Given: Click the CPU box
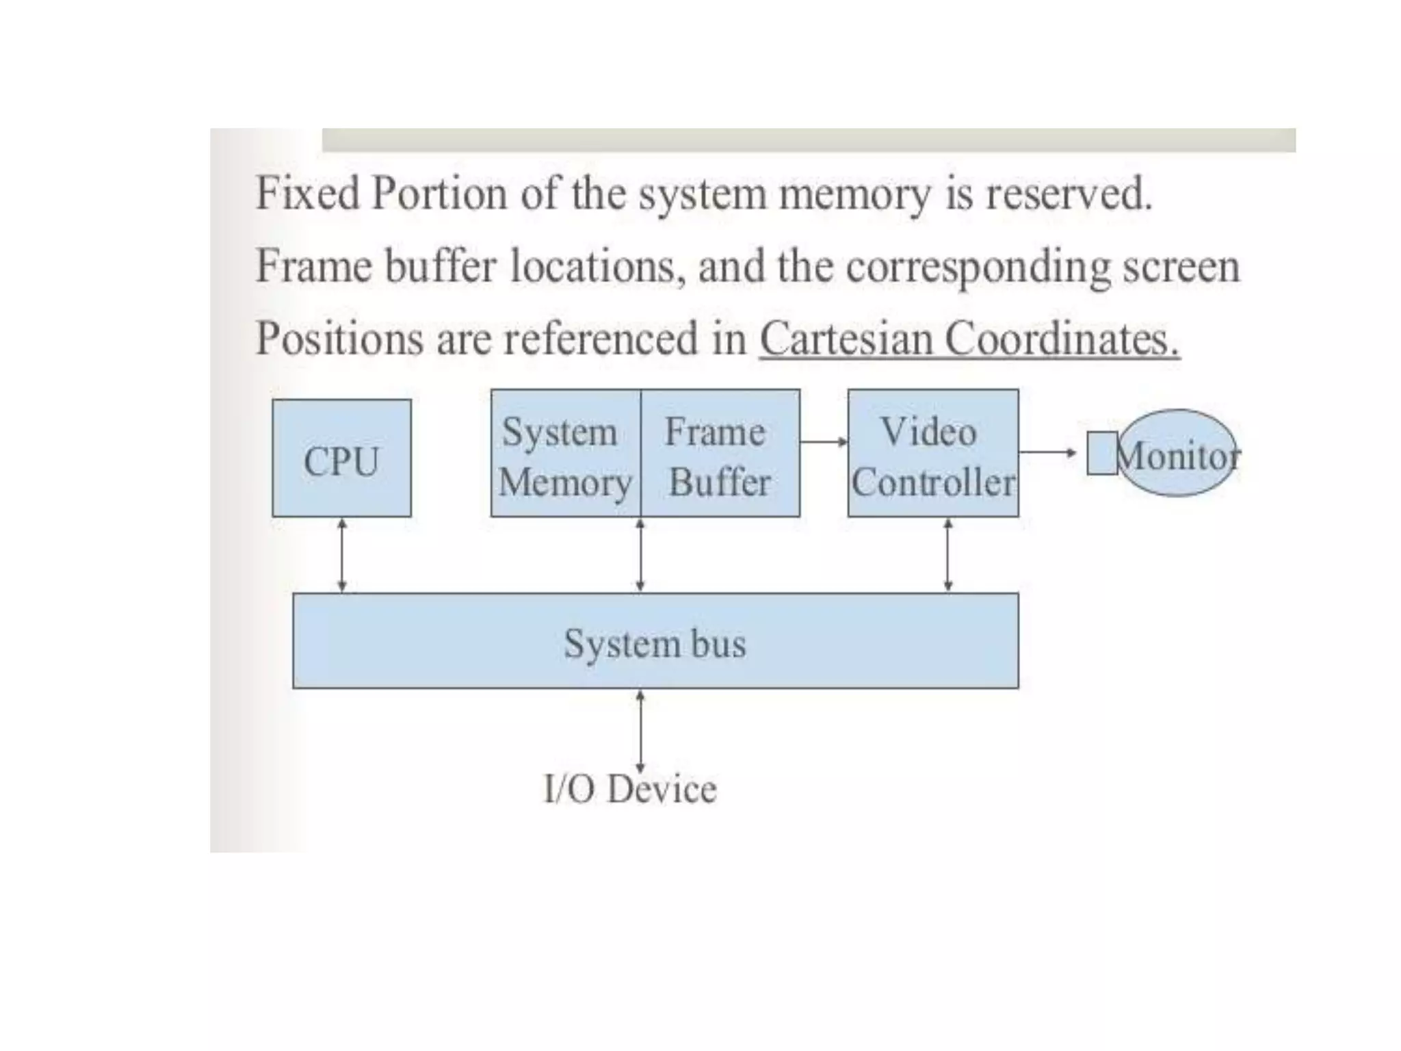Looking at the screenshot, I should pos(341,458).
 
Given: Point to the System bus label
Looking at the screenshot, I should pos(655,643).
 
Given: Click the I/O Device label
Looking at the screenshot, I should pos(630,790).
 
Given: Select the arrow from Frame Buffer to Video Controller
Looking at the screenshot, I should pos(824,442).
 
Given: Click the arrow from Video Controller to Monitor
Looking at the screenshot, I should pos(1047,452).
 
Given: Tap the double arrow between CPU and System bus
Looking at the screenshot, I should pos(342,555).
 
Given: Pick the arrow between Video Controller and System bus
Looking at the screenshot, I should pos(947,555).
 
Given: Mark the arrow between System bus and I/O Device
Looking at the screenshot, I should pos(640,729).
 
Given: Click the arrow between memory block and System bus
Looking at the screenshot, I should pos(640,555).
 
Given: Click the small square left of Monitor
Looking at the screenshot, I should pos(1102,453).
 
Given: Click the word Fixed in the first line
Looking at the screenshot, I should pos(307,193).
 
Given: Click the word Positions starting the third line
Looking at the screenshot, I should pos(339,338).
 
